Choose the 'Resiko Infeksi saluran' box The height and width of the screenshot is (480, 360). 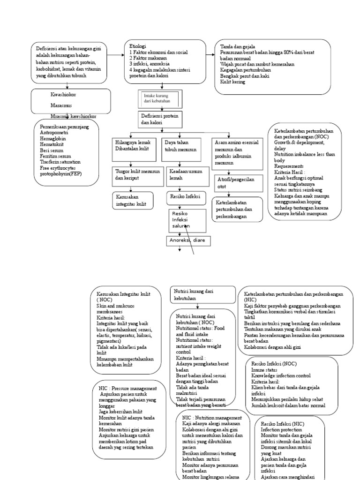(x=187, y=219)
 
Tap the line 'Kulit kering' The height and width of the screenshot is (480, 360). (x=233, y=81)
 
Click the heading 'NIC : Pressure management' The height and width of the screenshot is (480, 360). (x=127, y=389)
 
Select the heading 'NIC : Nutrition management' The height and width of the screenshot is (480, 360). (x=212, y=418)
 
